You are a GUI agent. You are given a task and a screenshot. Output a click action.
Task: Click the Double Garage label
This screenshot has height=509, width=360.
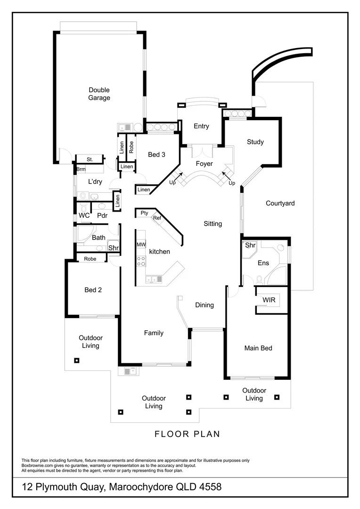pos(99,94)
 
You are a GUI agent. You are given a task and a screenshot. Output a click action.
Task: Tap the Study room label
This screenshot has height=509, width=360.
pos(255,142)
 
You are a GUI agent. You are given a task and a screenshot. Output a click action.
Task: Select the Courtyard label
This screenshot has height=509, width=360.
pos(280,204)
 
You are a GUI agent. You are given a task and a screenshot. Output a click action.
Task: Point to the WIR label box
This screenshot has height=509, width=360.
pos(269,300)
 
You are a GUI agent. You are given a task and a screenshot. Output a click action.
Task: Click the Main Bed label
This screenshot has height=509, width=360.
pos(258,348)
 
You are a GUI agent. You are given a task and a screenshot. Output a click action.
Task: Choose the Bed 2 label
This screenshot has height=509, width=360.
pos(93,290)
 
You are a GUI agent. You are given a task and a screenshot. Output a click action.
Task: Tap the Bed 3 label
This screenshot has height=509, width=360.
pos(156,155)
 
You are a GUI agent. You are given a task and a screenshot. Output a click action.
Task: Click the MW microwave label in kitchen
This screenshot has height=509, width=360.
pos(141,245)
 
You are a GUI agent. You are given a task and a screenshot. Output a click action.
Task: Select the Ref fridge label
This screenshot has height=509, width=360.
pos(157,218)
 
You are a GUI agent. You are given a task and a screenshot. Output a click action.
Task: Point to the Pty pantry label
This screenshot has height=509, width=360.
pos(144,213)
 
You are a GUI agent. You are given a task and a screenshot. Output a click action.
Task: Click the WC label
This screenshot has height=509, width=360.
pos(84,215)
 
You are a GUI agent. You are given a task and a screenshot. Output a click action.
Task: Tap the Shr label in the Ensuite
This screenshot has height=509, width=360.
pos(250,246)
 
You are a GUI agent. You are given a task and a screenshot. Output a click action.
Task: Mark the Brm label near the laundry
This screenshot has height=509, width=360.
pos(81,169)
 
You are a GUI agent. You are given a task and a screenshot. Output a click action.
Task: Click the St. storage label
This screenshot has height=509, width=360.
pos(90,160)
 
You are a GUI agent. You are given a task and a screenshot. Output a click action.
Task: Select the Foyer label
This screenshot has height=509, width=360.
pos(204,164)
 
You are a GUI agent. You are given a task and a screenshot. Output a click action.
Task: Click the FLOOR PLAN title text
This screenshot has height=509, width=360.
pos(187,434)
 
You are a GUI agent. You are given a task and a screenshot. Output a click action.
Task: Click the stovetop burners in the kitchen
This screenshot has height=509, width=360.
pos(141,261)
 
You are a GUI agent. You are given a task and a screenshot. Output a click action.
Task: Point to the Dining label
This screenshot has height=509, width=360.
pos(204,305)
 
